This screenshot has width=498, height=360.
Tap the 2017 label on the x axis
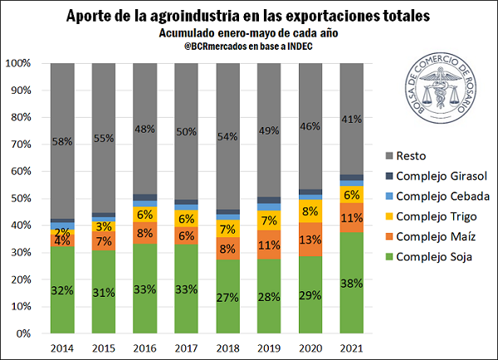coord(188,347)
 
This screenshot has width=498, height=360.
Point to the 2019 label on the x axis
coord(269,347)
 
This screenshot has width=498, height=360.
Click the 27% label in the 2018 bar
coord(228,297)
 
